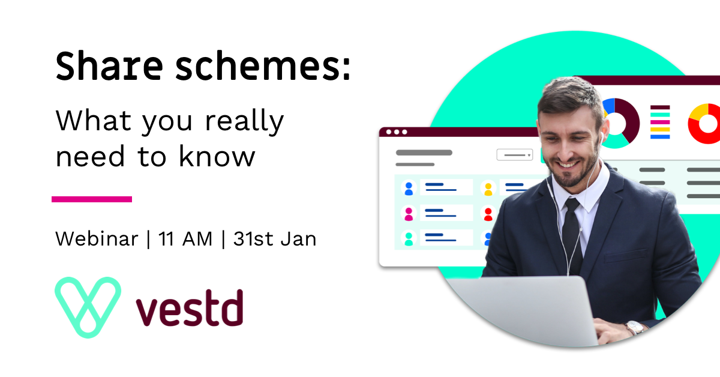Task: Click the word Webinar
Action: [97, 239]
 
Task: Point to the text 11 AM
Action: [185, 239]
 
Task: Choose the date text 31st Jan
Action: [275, 239]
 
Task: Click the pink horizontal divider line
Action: [92, 199]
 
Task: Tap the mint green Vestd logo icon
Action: [88, 307]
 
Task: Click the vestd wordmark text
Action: [189, 309]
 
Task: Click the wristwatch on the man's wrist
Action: [635, 328]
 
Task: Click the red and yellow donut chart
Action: [706, 124]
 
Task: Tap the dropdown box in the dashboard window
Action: [514, 155]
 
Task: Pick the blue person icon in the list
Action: [409, 188]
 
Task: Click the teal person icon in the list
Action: [409, 239]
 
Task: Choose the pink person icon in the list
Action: [409, 214]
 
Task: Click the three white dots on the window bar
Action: [396, 132]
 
